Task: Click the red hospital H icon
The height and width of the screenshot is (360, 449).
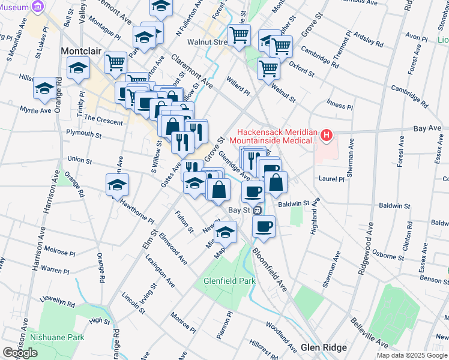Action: tap(326, 136)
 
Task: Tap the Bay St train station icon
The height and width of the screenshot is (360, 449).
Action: tap(258, 210)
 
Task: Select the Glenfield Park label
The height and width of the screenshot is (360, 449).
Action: tap(229, 280)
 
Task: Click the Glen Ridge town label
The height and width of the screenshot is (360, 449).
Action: tap(324, 348)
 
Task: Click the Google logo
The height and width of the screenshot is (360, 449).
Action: tap(20, 353)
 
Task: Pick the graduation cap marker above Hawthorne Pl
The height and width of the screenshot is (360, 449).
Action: tap(118, 184)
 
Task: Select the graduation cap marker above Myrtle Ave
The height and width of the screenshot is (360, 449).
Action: tap(44, 88)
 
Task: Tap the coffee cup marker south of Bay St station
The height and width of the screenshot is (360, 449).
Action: tap(264, 226)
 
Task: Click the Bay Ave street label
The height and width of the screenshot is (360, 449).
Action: tap(427, 128)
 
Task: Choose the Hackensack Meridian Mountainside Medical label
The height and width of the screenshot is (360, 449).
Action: tap(277, 136)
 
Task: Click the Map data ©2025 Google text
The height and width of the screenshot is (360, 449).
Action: tap(412, 355)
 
